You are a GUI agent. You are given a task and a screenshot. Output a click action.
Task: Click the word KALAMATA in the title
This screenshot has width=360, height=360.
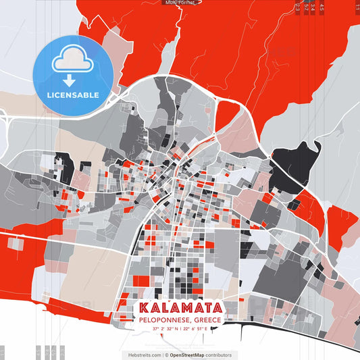pos(180,308)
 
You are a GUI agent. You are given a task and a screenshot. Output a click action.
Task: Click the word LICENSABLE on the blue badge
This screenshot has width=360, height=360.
pos(73,95)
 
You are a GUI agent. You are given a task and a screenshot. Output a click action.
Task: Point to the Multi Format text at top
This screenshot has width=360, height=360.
pos(179,3)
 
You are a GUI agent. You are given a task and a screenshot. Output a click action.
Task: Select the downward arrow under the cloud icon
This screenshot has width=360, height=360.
pos(73,79)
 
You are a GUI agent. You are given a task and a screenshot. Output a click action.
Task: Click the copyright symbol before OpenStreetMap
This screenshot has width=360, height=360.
pos(167,355)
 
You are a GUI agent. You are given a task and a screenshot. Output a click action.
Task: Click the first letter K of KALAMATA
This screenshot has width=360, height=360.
pos(144,308)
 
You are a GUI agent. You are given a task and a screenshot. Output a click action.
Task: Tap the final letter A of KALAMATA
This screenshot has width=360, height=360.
pos(217,308)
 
